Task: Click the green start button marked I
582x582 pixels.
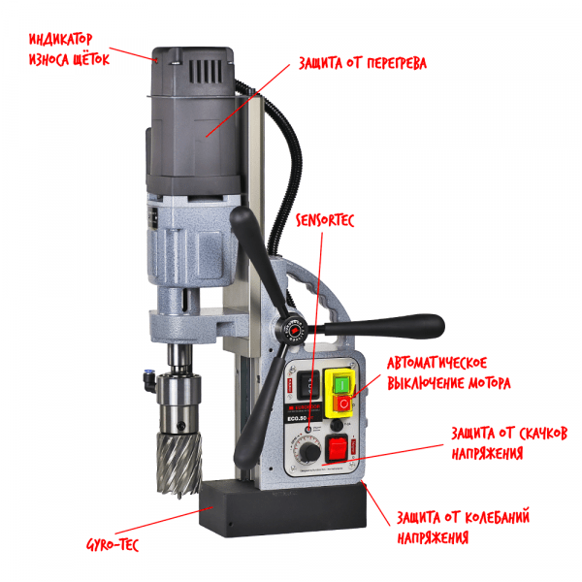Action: click(341, 384)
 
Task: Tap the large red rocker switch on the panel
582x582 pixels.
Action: click(337, 448)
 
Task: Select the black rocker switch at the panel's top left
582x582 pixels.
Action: click(308, 385)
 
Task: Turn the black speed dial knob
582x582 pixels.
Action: click(310, 452)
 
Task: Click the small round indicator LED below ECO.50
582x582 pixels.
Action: click(308, 429)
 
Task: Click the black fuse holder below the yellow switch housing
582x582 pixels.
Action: click(337, 424)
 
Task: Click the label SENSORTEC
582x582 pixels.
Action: click(325, 220)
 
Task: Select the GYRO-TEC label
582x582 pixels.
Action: click(113, 544)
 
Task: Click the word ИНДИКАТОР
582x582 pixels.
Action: click(61, 39)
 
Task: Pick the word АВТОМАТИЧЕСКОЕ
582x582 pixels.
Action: click(436, 363)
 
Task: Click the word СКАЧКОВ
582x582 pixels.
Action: click(536, 434)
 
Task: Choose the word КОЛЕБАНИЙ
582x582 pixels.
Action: click(497, 517)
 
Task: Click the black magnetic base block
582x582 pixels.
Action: click(282, 508)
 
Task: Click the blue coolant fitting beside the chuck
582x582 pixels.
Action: click(149, 379)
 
